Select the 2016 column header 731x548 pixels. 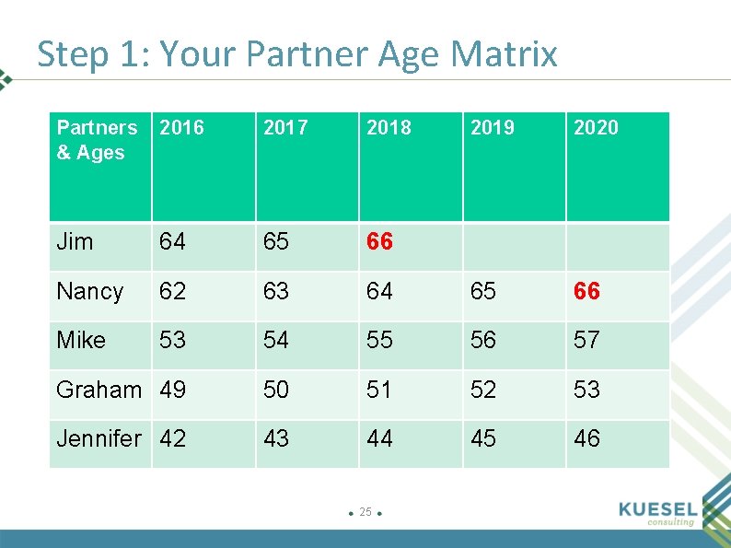tap(181, 128)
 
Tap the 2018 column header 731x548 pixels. tap(389, 128)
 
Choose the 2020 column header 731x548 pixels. tap(596, 128)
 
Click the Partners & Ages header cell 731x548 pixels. tap(97, 140)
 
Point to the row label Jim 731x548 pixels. tap(75, 242)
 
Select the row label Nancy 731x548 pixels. tap(89, 292)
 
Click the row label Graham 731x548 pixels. tap(99, 390)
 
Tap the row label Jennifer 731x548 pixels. tap(99, 439)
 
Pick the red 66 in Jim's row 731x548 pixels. tap(379, 242)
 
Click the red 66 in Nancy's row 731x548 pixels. tap(586, 292)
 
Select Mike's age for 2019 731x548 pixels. tap(483, 341)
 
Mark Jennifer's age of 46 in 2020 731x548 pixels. tap(586, 439)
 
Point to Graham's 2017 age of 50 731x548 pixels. tap(276, 390)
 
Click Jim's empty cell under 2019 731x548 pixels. tap(514, 246)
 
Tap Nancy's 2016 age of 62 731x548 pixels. tap(172, 292)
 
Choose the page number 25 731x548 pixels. tap(365, 512)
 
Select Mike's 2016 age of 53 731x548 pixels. tap(172, 341)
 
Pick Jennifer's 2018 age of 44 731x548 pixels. tap(379, 439)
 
